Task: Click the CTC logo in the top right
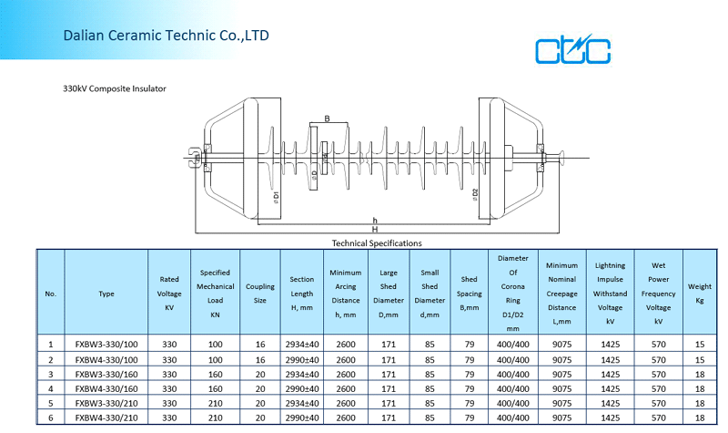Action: (x=572, y=51)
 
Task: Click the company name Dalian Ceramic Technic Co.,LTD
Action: (x=166, y=36)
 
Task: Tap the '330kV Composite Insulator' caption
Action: (x=115, y=89)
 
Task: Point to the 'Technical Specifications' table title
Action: (x=377, y=243)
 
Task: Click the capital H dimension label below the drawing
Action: (x=374, y=230)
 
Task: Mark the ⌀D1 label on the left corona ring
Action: (x=276, y=195)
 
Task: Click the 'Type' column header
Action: (x=106, y=294)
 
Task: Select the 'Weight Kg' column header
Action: (x=700, y=293)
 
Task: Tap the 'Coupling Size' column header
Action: (x=260, y=293)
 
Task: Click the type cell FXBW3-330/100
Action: (x=106, y=345)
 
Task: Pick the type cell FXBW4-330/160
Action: (x=106, y=388)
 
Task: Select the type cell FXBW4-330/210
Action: (x=106, y=417)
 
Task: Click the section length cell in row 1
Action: (x=302, y=345)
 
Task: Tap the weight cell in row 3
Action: (x=700, y=374)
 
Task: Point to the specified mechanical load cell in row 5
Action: (x=215, y=403)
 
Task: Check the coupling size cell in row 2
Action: (x=260, y=359)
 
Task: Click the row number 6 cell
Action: (x=51, y=417)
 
